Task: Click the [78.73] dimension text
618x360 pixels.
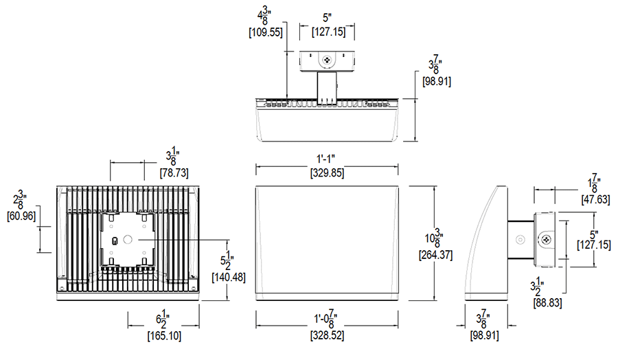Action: [x=174, y=172]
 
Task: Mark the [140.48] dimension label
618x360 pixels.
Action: [x=227, y=277]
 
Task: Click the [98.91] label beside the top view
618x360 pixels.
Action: [x=436, y=81]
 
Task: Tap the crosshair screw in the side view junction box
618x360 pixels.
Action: [x=547, y=239]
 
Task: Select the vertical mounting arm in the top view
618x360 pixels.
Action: [x=328, y=85]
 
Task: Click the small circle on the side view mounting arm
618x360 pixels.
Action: [x=520, y=239]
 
